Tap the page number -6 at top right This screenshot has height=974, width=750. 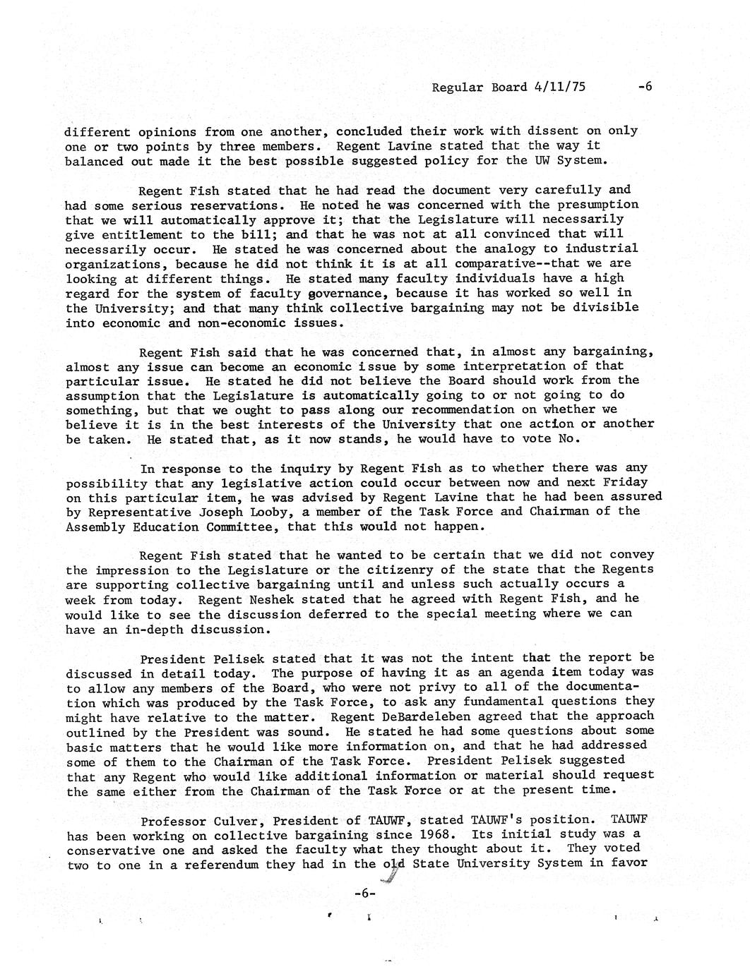(644, 87)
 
